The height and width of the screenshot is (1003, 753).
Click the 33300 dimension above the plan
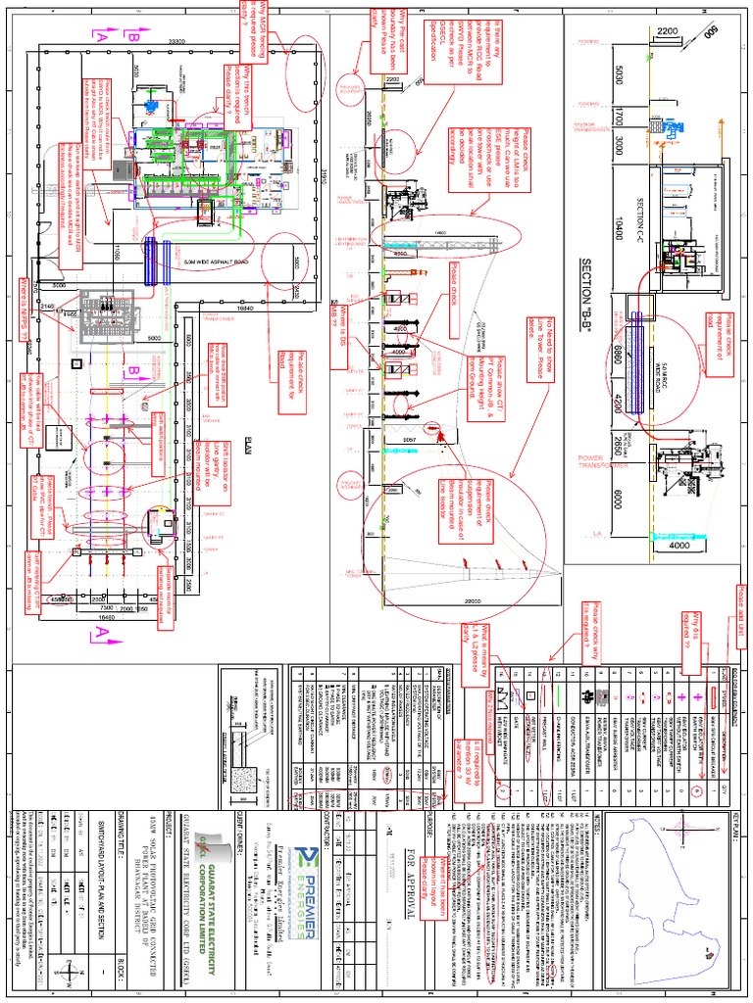pyautogui.click(x=177, y=40)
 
